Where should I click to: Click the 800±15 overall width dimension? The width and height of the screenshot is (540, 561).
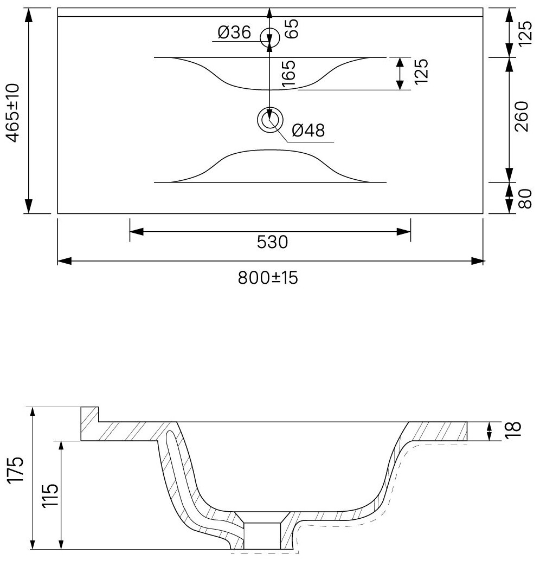click(268, 278)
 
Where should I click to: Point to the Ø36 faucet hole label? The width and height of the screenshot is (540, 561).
click(234, 34)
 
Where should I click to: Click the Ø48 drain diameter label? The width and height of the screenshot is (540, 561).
click(307, 130)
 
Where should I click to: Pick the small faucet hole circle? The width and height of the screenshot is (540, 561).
click(269, 37)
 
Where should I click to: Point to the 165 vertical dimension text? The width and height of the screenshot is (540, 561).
click(288, 74)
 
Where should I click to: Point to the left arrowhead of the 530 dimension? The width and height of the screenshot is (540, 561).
click(136, 232)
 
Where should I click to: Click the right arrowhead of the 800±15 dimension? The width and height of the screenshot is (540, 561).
click(478, 262)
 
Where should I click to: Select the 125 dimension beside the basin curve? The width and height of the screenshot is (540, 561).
click(423, 70)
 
